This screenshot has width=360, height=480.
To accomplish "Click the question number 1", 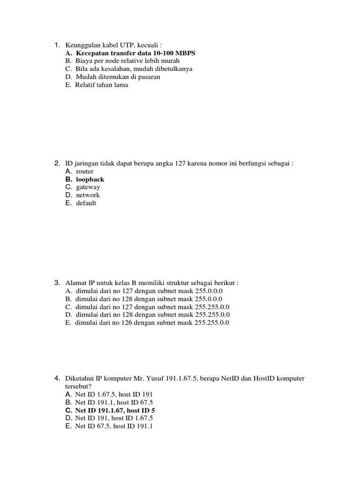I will point(56,45).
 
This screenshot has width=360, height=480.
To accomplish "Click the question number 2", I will point(56,164).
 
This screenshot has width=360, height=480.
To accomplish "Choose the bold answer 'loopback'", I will point(90,180).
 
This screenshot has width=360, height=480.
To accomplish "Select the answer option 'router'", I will point(85,172).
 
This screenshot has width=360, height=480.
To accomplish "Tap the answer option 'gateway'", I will point(88,187).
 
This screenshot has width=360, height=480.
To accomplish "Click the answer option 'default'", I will point(86,203).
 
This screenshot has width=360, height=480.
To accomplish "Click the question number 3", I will point(56,283).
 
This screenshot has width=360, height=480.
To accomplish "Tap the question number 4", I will point(56,378).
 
